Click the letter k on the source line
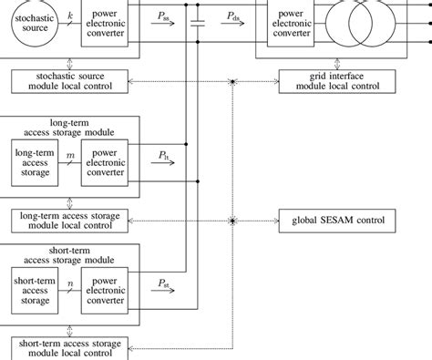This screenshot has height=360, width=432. coord(69,16)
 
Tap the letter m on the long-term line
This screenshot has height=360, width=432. coord(69,157)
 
